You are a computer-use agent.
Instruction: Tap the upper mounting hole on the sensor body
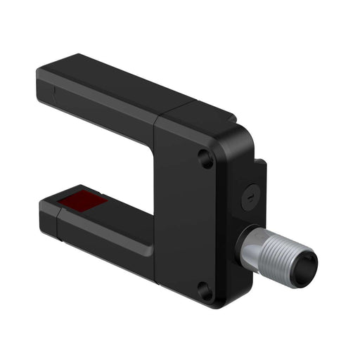coord(205,159)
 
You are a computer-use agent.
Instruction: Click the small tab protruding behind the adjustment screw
coord(262,172)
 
